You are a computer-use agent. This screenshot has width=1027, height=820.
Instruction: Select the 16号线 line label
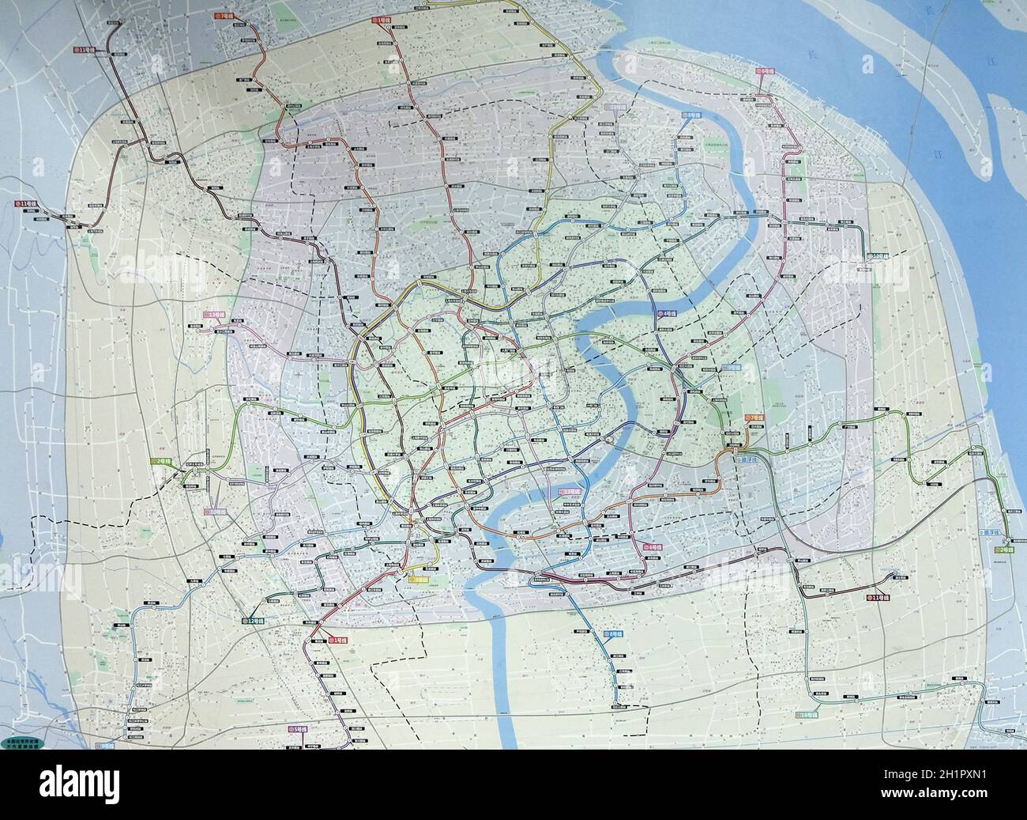click(x=810, y=715)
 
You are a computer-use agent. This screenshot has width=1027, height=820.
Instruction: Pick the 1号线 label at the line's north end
click(x=385, y=17)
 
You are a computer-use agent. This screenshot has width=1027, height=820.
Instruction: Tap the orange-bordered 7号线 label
click(x=754, y=418)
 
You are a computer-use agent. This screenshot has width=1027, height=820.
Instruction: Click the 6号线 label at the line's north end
click(x=766, y=70)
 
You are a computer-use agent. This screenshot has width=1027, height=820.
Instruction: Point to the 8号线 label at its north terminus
click(x=690, y=115)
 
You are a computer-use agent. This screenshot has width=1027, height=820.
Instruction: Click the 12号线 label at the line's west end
click(x=255, y=621)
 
